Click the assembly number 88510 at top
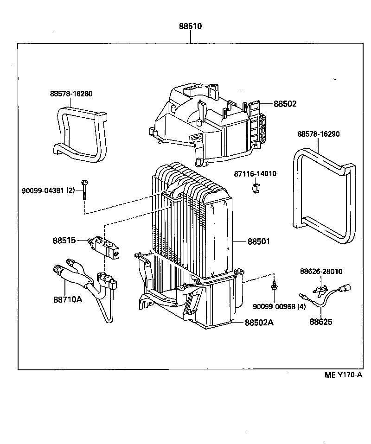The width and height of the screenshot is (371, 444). pos(191,26)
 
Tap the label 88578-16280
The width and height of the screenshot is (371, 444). pos(71,94)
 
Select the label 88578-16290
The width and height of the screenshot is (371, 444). pos(319,134)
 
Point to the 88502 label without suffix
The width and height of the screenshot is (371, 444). pos(285,104)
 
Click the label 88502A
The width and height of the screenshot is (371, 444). pos(259,323)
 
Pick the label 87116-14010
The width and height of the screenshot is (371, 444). pos(255,174)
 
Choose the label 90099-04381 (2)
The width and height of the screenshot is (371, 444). pos(48,190)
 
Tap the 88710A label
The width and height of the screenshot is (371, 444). pos(68,299)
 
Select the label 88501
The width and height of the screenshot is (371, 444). pos(259,241)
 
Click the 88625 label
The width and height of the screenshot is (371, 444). pos(321,322)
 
